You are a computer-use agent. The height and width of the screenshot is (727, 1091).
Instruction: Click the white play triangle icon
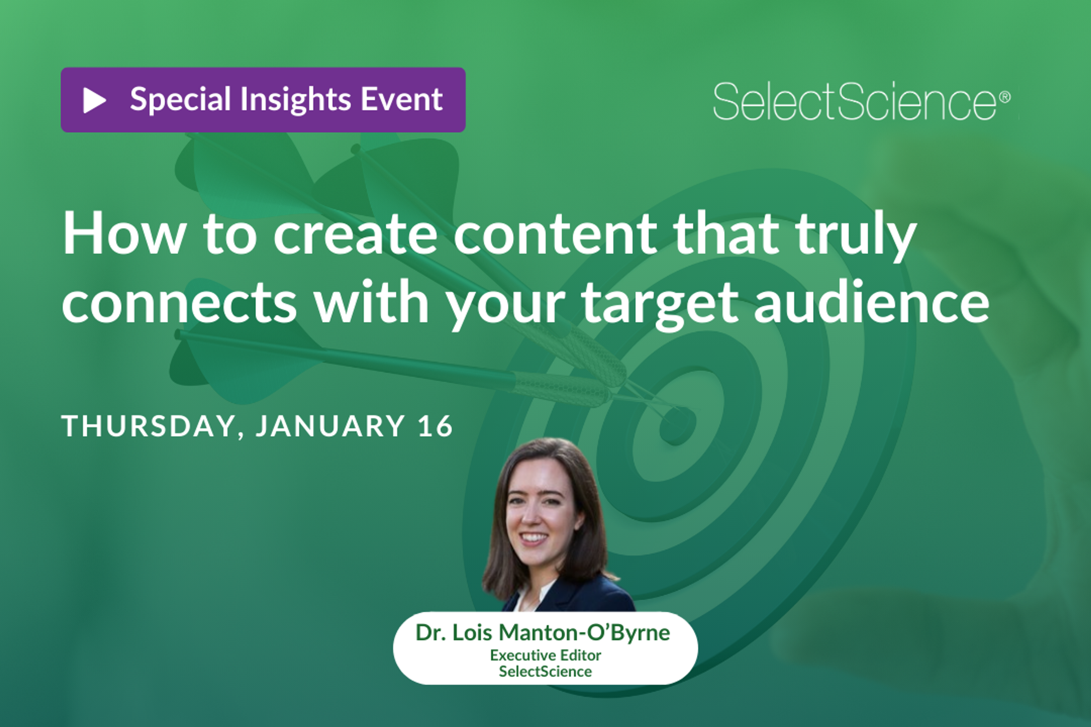tap(94, 100)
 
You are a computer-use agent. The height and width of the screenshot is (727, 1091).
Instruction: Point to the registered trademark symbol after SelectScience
tap(1005, 97)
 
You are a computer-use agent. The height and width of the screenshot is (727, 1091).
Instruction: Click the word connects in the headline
tap(179, 302)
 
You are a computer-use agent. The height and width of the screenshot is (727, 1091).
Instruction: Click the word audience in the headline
tap(872, 302)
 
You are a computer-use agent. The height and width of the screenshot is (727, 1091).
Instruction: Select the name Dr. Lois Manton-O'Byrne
tap(543, 632)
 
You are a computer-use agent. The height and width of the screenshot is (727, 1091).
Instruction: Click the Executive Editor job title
tap(545, 655)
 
